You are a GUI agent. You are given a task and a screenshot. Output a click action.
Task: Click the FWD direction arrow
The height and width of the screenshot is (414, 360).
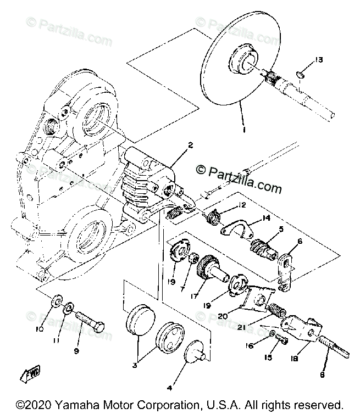pyautogui.click(x=28, y=376)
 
